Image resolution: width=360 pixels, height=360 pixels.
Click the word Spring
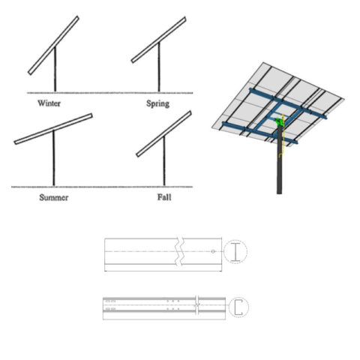click(x=158, y=102)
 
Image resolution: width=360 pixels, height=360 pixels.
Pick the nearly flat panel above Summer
click(x=52, y=128)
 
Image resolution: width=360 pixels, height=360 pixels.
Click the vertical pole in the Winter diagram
click(x=55, y=71)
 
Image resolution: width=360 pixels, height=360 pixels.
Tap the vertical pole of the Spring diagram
click(x=159, y=69)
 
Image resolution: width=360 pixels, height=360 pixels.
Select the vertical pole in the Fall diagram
click(x=163, y=161)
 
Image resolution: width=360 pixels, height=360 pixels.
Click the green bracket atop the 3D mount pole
click(x=280, y=121)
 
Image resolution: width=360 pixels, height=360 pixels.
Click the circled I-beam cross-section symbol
click(x=235, y=253)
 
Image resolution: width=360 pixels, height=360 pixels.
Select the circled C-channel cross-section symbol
click(x=238, y=306)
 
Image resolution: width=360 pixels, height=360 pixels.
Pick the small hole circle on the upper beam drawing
click(x=213, y=251)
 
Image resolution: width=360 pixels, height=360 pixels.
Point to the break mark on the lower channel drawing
click(x=196, y=305)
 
